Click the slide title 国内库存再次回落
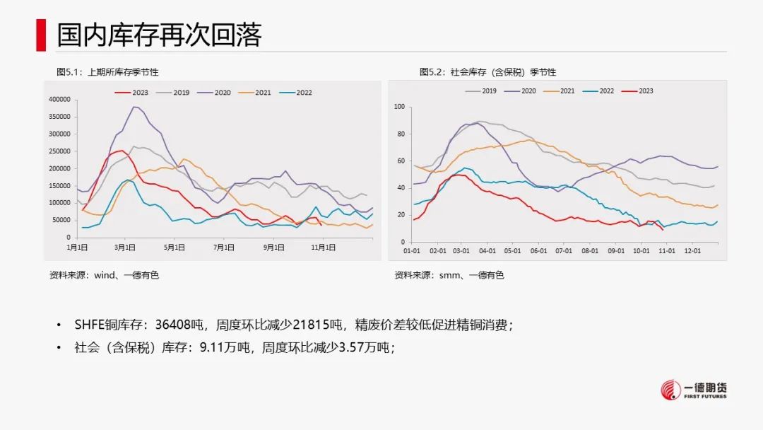point(159,35)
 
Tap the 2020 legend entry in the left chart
point(215,93)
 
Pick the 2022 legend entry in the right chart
point(606,91)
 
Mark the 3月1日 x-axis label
point(125,248)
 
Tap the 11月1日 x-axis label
point(324,248)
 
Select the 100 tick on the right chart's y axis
point(399,107)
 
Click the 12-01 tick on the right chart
point(693,250)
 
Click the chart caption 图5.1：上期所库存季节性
point(107,72)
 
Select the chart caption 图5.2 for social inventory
point(487,72)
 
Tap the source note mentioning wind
point(104,275)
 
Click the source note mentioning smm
point(449,275)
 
